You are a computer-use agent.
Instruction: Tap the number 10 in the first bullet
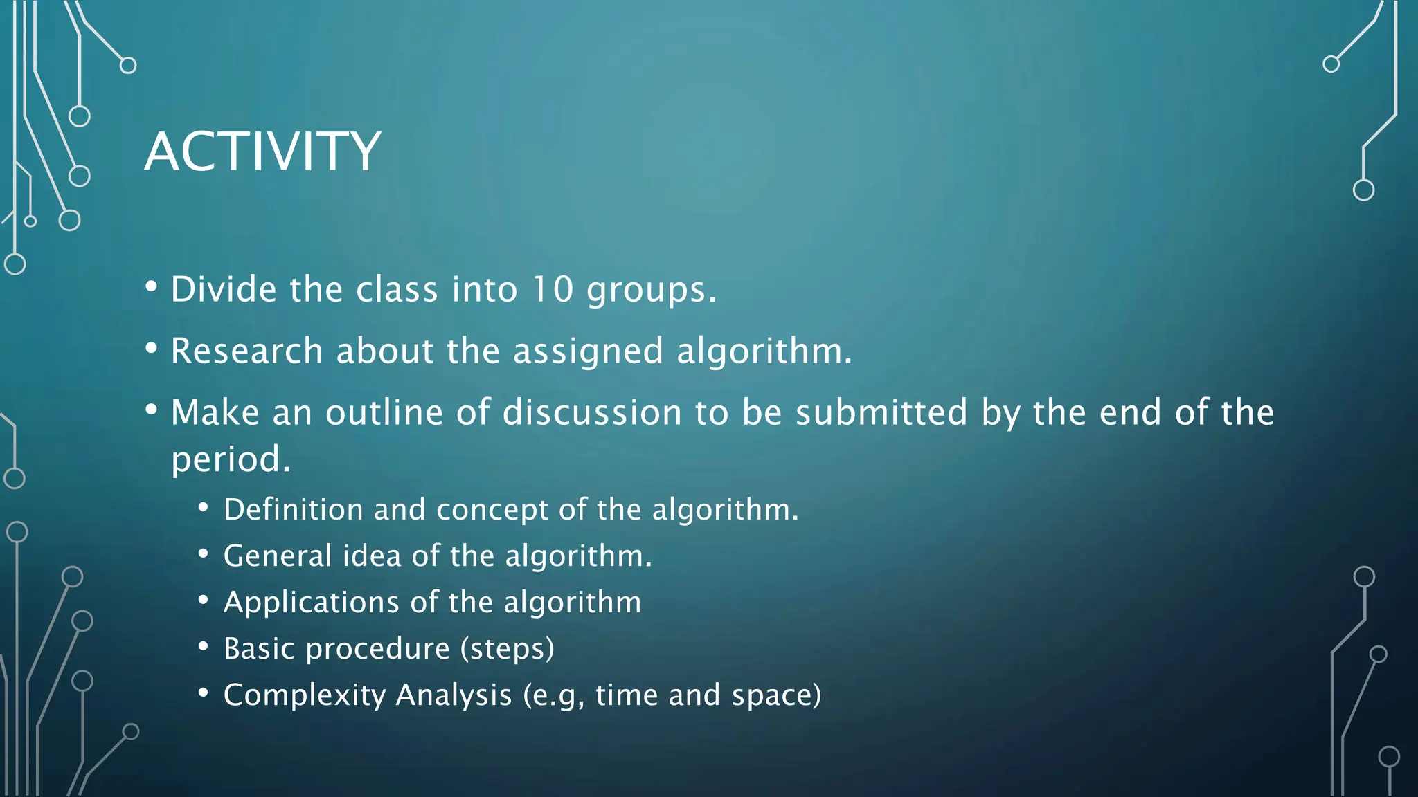point(552,288)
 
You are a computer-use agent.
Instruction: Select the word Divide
point(224,288)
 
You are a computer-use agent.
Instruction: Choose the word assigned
point(588,351)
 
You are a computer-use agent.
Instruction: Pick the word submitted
point(881,412)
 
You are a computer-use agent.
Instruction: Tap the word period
point(230,459)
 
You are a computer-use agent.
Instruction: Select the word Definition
point(293,510)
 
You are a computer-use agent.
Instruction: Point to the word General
point(278,556)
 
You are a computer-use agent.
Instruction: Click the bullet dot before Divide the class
point(152,286)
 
